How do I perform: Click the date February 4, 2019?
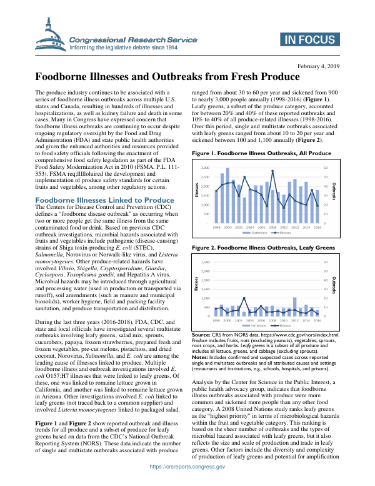319,66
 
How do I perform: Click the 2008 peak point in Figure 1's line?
273,171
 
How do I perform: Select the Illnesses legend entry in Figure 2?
284,325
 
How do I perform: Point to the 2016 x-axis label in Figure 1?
318,227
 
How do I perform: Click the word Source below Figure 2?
201,336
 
